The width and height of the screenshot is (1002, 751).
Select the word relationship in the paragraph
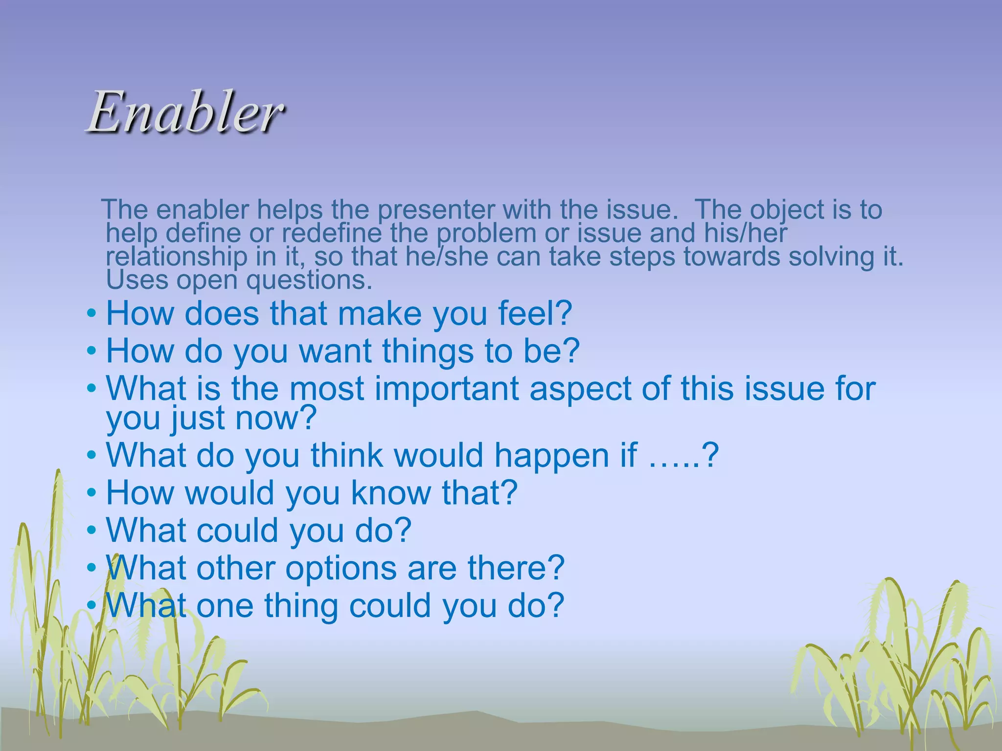(x=177, y=257)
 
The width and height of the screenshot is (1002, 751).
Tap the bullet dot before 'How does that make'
(x=91, y=313)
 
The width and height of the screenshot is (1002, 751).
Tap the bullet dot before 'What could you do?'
(x=91, y=530)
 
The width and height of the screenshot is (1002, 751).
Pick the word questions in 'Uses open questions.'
(x=308, y=280)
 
